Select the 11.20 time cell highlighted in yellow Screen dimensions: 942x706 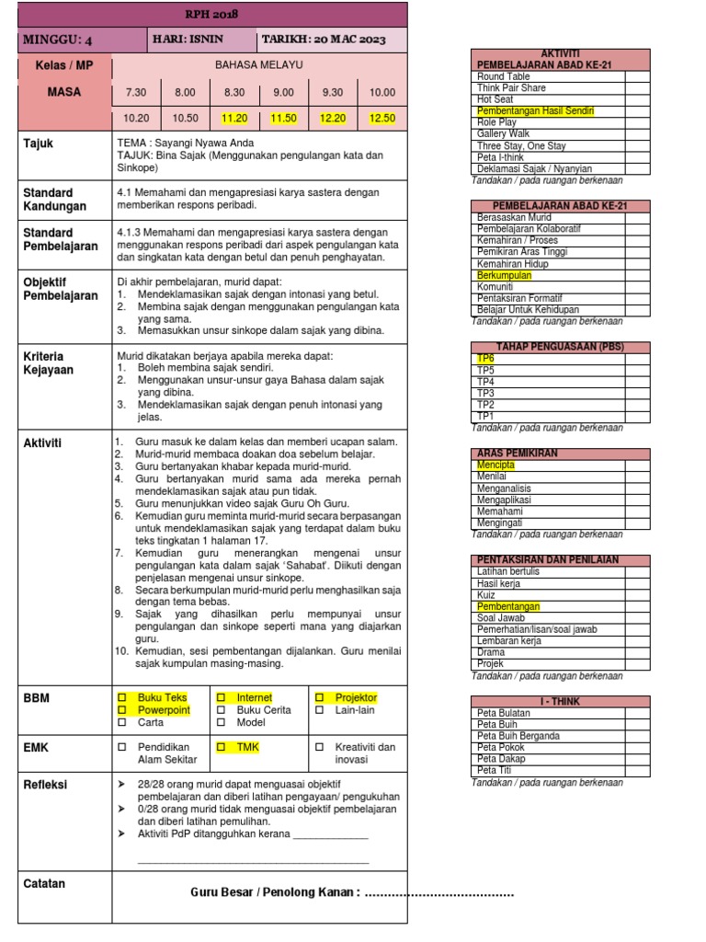[x=234, y=119]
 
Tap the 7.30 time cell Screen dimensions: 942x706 [x=135, y=93]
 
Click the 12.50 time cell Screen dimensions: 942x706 [x=382, y=119]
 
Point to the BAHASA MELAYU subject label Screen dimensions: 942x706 [x=258, y=65]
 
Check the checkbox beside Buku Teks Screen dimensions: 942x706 [x=121, y=698]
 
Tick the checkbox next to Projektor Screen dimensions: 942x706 [x=319, y=698]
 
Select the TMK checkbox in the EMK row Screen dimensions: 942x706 [x=221, y=748]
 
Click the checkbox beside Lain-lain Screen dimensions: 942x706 [x=319, y=710]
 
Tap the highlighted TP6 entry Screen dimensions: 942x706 [x=485, y=359]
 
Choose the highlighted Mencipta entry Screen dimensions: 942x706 [x=495, y=465]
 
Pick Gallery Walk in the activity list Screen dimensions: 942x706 [x=503, y=134]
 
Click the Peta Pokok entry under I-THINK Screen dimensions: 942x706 [x=501, y=748]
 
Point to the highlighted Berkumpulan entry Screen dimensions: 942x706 [x=504, y=275]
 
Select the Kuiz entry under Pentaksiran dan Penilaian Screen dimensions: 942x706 [x=486, y=595]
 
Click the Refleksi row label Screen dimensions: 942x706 [x=45, y=785]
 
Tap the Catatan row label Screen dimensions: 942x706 [x=44, y=884]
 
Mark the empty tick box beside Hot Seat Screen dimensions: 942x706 [x=637, y=99]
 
